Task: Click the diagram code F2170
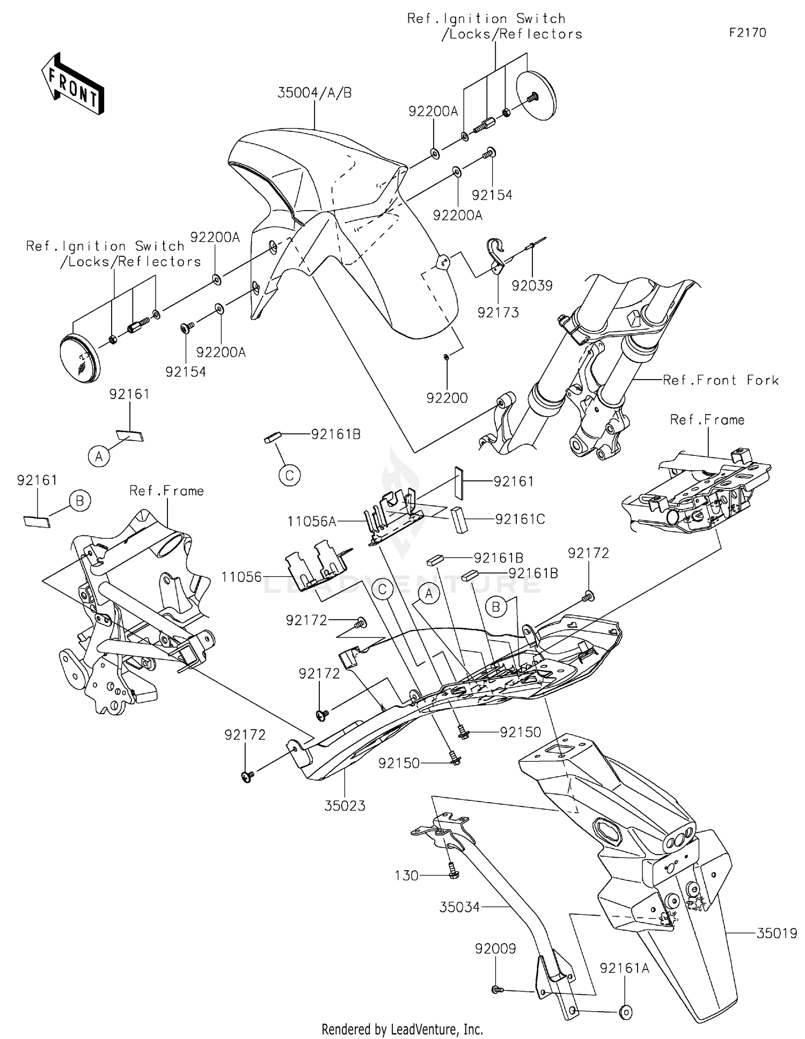click(x=747, y=33)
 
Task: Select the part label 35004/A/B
click(x=314, y=93)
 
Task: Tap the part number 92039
click(x=531, y=285)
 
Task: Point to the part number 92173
click(x=498, y=312)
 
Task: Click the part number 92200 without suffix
click(x=447, y=398)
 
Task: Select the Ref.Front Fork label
click(x=720, y=380)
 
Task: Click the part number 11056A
click(x=312, y=521)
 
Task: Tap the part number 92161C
click(x=519, y=519)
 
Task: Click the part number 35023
click(x=345, y=805)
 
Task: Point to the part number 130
click(x=406, y=875)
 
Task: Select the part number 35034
click(x=459, y=907)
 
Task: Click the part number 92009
click(x=495, y=948)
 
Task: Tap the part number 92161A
click(x=624, y=968)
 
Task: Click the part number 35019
click(x=777, y=933)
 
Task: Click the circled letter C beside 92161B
click(x=289, y=475)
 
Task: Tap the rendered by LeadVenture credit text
click(x=402, y=1029)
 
